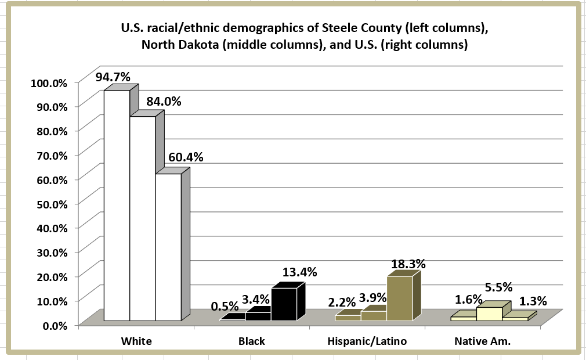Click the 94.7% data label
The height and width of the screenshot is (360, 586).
[113, 77]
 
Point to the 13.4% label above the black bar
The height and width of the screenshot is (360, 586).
[299, 272]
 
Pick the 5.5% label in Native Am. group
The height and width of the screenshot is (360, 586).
[497, 287]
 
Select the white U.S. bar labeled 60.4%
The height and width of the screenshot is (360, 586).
[168, 247]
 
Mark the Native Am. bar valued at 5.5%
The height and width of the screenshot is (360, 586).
[489, 313]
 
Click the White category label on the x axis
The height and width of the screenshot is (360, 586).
[136, 341]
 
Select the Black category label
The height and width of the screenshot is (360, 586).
[252, 341]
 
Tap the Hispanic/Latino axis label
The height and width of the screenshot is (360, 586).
[367, 341]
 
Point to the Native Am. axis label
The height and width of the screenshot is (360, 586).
[482, 341]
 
